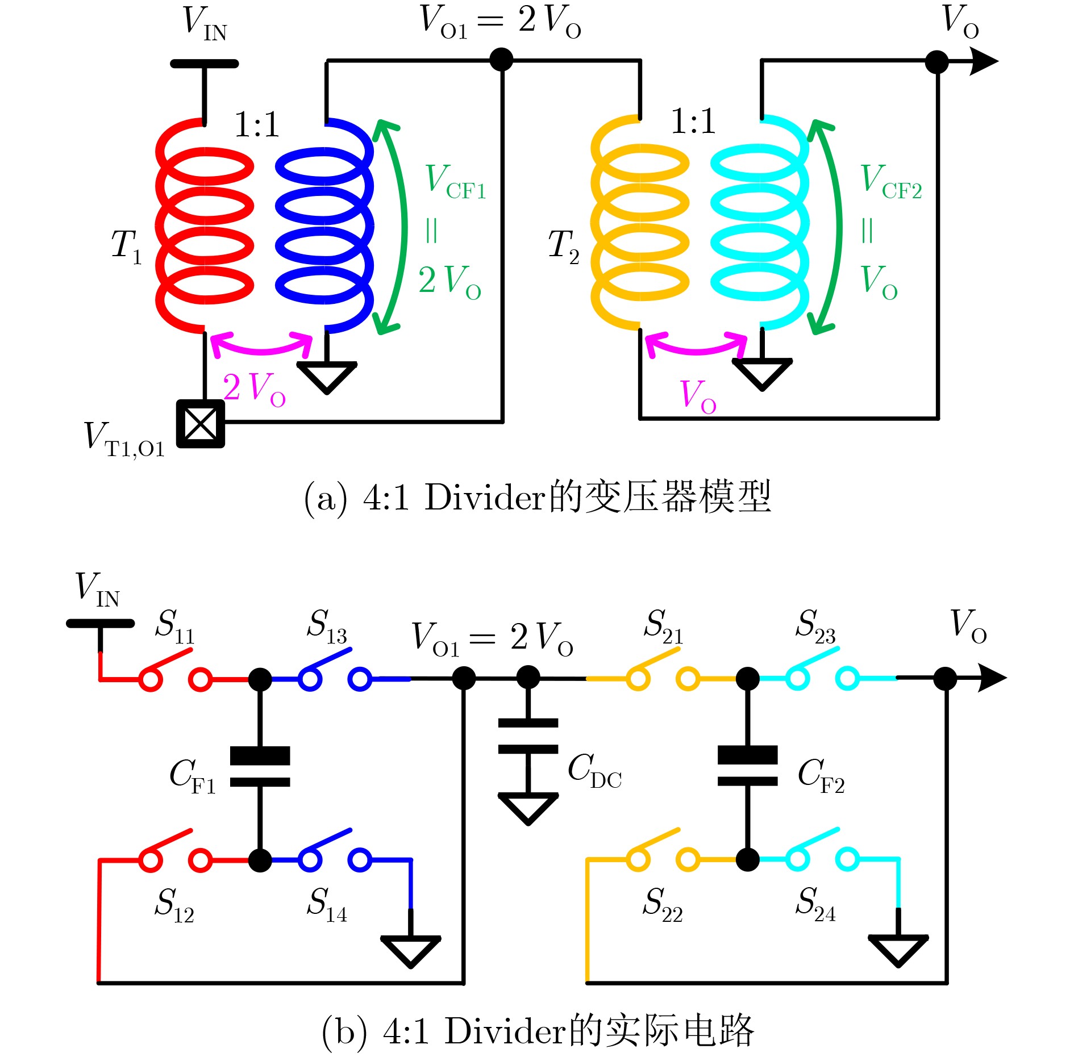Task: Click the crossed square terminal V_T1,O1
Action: [201, 424]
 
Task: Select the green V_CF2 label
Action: [891, 182]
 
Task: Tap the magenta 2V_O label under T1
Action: [254, 390]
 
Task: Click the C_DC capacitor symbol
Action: [528, 736]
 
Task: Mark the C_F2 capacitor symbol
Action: [747, 766]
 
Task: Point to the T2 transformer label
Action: [564, 247]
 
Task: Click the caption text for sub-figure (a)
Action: [538, 498]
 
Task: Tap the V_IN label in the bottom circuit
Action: [98, 590]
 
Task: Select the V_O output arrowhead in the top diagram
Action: [983, 61]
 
